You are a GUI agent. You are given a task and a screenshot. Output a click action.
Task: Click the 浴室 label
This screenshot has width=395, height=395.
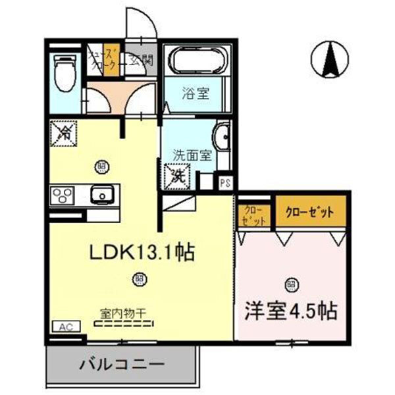(196, 93)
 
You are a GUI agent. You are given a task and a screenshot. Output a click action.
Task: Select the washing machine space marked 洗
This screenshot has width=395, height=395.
(177, 176)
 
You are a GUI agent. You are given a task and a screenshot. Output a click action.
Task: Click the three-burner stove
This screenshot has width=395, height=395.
(63, 196)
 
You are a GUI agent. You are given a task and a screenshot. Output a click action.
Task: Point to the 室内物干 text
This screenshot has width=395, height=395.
(123, 313)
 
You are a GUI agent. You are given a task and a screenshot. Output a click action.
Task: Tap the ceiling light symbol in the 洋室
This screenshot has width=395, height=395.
(290, 284)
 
